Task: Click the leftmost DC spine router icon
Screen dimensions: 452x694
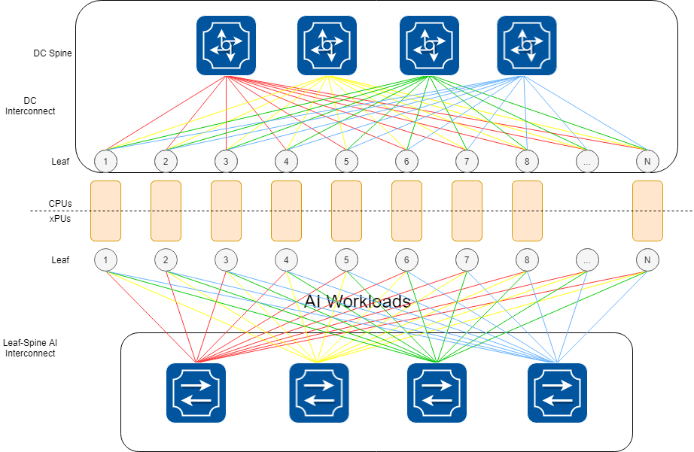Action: click(x=226, y=46)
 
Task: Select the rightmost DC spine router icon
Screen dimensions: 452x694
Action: click(x=527, y=46)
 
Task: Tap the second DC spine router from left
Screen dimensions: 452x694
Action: click(x=327, y=46)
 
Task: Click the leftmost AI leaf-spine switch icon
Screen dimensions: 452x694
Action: click(x=196, y=393)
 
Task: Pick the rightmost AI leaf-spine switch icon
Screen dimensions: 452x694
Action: click(x=557, y=393)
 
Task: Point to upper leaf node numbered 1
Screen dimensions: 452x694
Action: click(x=106, y=160)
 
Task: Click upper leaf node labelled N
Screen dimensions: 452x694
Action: click(x=647, y=160)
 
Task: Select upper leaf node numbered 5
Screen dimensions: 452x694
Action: click(x=346, y=160)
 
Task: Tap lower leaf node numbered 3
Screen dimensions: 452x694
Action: click(x=226, y=260)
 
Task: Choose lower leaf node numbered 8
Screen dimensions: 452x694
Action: click(x=527, y=260)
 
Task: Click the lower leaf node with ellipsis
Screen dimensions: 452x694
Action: click(x=587, y=260)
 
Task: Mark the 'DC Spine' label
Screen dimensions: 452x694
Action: click(x=53, y=53)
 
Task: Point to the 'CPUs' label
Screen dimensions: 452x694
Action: click(x=60, y=203)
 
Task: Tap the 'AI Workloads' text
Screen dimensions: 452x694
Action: click(x=358, y=302)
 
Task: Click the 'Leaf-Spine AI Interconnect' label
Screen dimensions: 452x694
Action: click(x=31, y=347)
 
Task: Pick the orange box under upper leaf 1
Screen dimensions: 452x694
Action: click(x=105, y=211)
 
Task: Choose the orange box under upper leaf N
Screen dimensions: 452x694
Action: click(x=647, y=211)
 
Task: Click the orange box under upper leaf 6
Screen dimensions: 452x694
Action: click(x=406, y=211)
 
